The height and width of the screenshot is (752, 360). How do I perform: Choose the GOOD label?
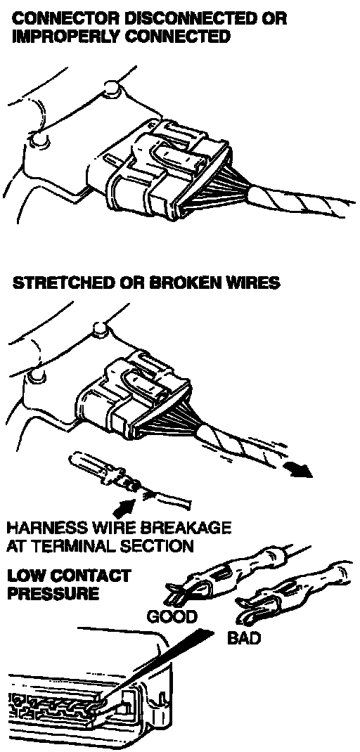click(172, 616)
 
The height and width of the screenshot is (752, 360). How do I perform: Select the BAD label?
click(243, 638)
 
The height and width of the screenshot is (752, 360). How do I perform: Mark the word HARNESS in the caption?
click(38, 529)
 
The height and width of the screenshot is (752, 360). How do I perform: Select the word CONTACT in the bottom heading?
click(86, 576)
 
